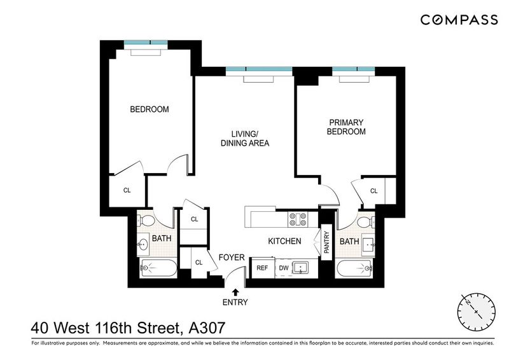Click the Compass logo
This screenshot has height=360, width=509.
[459, 20]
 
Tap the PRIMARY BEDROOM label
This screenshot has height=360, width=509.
[346, 127]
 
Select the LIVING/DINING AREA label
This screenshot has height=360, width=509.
[245, 138]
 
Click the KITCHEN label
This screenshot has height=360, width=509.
[284, 241]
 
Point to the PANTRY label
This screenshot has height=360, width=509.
[326, 242]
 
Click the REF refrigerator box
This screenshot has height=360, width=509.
[262, 268]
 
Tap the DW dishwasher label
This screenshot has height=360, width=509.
[284, 268]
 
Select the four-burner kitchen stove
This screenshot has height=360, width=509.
[298, 219]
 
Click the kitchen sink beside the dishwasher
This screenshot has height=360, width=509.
[301, 268]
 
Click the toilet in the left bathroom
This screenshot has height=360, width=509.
[146, 221]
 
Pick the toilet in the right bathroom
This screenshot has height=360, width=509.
[365, 222]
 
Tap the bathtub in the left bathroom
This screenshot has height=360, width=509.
[158, 268]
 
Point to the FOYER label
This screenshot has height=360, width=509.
[232, 258]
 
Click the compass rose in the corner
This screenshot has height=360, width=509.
[476, 312]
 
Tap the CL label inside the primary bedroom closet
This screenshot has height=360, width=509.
[373, 191]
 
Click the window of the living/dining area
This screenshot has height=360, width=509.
[259, 69]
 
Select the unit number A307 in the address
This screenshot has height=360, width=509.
[207, 328]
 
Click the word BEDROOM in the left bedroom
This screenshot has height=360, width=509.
[150, 109]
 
